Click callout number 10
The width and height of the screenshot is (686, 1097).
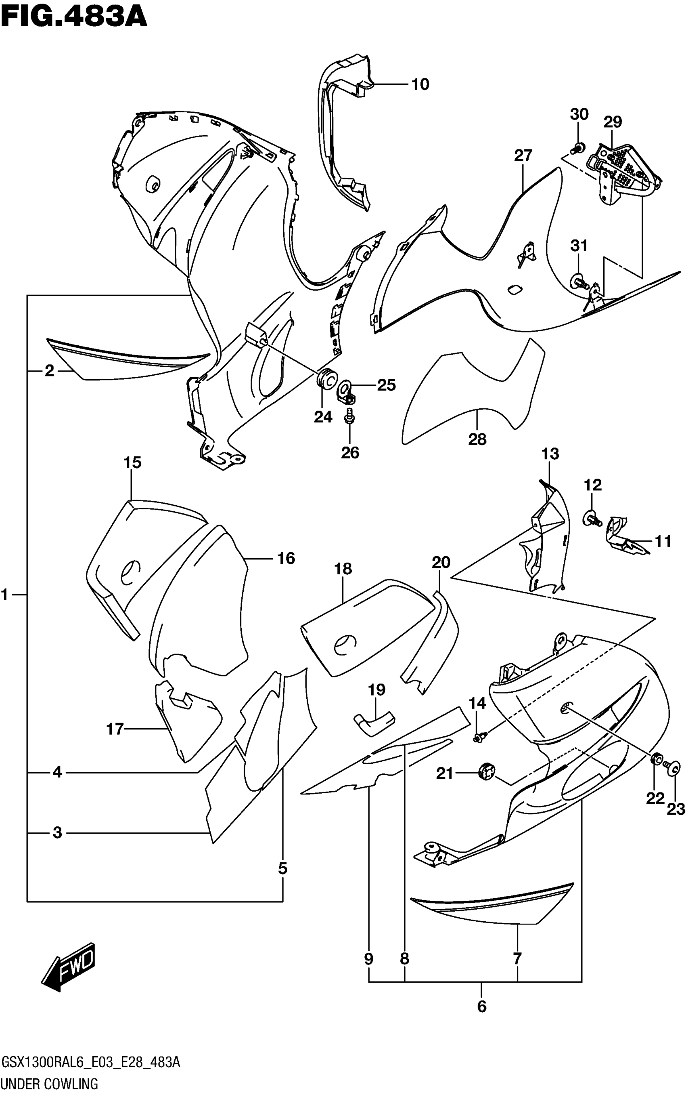pyautogui.click(x=420, y=84)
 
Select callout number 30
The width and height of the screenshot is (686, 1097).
pyautogui.click(x=579, y=114)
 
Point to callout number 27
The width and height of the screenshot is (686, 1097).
pyautogui.click(x=523, y=156)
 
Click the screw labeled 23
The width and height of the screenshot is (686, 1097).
pyautogui.click(x=674, y=767)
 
